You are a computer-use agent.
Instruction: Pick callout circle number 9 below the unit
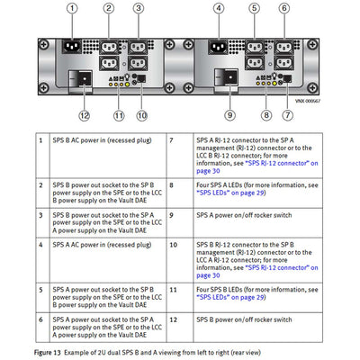coord(229,114)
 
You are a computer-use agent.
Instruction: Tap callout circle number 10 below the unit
coord(141,114)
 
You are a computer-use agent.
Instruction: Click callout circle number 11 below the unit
coord(118,114)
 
